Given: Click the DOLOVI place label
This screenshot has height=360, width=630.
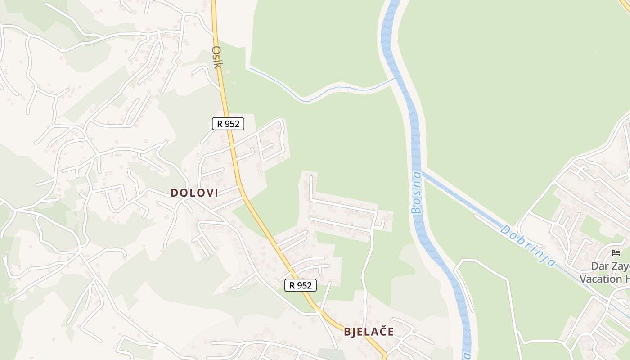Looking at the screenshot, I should pyautogui.click(x=194, y=193).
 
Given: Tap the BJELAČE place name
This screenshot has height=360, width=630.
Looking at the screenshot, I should pyautogui.click(x=369, y=332).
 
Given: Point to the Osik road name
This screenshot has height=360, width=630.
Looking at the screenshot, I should pyautogui.click(x=217, y=57).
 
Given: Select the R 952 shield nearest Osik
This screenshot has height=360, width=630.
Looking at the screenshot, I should pyautogui.click(x=228, y=124).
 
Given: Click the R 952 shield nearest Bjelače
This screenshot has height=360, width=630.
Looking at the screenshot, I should pyautogui.click(x=301, y=285).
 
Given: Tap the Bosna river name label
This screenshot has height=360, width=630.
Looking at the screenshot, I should pyautogui.click(x=417, y=192).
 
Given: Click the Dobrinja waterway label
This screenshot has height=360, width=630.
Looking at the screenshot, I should pyautogui.click(x=527, y=246).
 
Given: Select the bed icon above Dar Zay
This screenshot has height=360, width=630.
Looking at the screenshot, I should pyautogui.click(x=616, y=253).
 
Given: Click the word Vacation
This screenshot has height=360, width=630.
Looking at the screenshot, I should pyautogui.click(x=600, y=279).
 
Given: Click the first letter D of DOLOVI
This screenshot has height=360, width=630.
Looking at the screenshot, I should pyautogui.click(x=174, y=193).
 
